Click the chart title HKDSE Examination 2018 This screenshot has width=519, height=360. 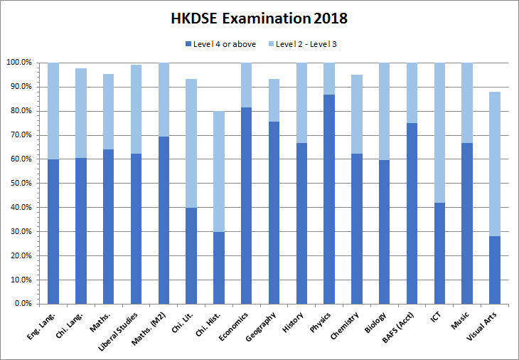tap(259, 18)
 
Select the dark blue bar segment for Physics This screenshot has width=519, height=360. tap(328, 199)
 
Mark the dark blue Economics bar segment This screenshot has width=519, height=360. tap(246, 206)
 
